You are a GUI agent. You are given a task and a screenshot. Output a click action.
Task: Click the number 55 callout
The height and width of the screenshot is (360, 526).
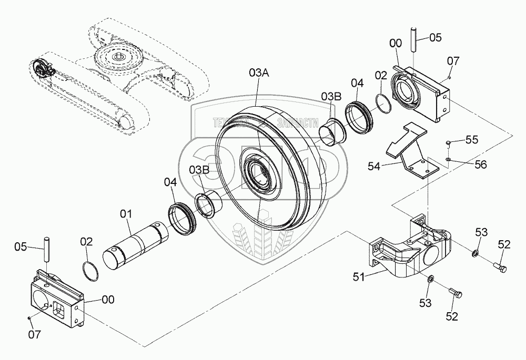point(471,140)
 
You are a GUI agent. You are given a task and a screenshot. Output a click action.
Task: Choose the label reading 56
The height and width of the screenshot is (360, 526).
point(480,164)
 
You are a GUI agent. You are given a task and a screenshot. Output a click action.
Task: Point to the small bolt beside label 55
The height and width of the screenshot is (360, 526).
point(447,142)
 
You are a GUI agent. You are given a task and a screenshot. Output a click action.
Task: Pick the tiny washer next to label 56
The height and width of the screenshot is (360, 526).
point(447,160)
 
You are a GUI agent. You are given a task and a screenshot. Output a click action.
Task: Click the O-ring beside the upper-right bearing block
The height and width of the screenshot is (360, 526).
point(385,103)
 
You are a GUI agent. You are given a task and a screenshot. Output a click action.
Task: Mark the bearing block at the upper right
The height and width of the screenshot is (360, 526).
point(421,94)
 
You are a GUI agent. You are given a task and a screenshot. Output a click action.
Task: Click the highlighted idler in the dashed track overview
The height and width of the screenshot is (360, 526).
point(42,68)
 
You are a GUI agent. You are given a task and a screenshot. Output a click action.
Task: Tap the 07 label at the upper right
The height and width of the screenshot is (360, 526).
point(453,61)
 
